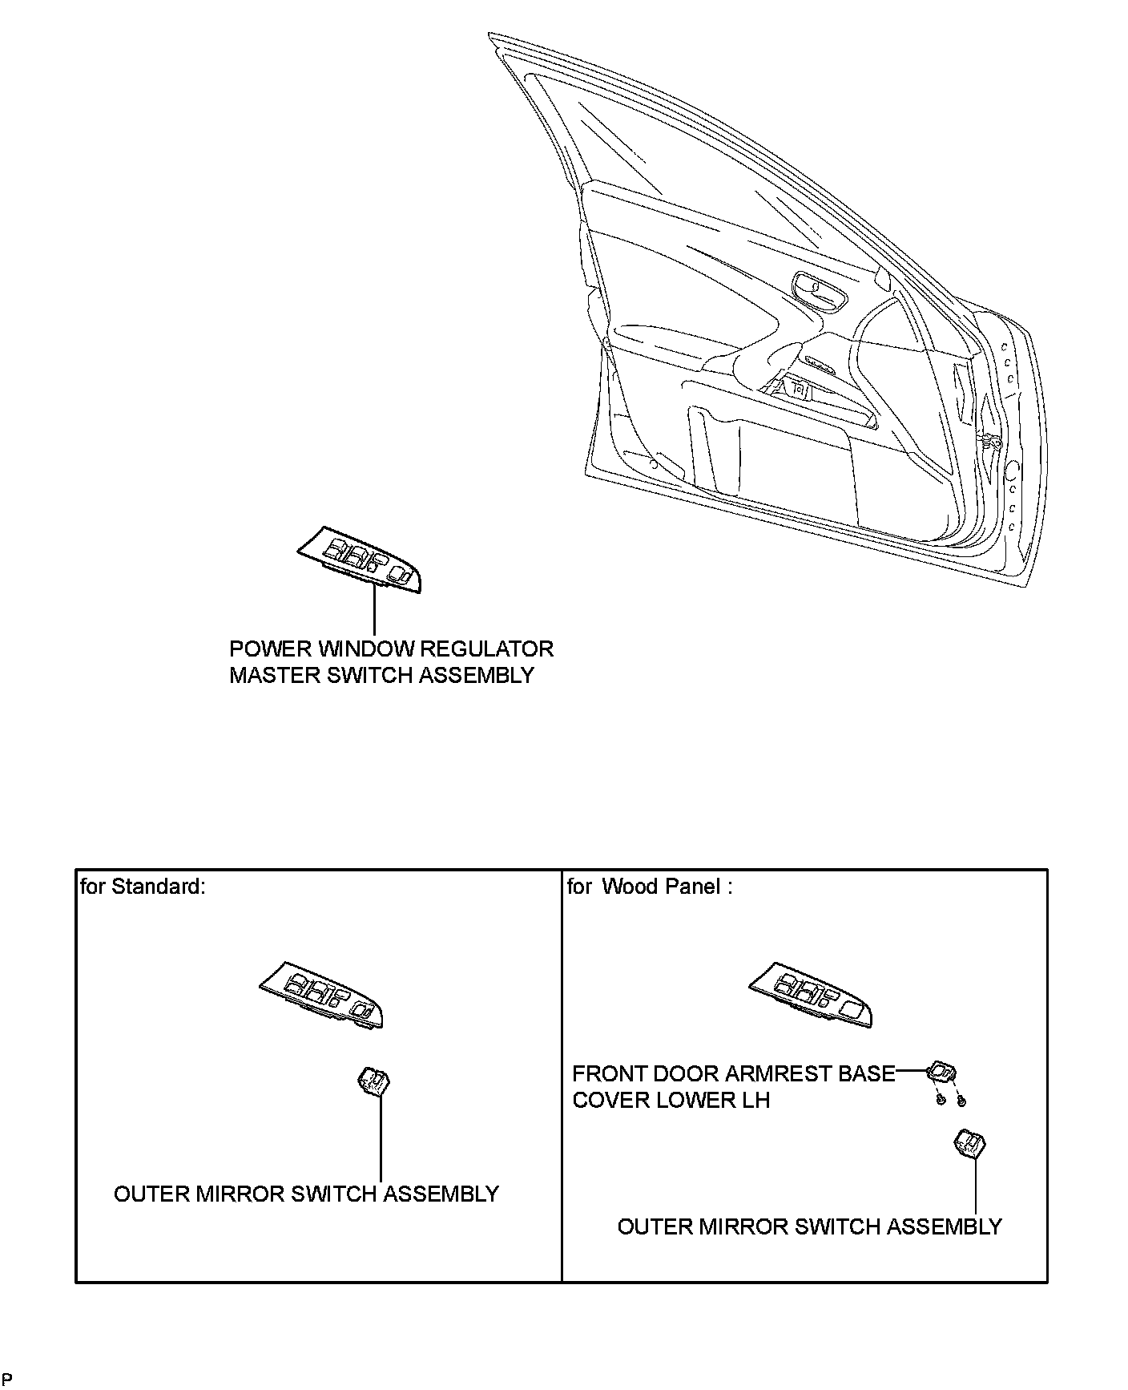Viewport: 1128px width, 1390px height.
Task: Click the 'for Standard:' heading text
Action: point(143,887)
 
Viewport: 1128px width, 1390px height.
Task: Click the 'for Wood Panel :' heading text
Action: point(649,887)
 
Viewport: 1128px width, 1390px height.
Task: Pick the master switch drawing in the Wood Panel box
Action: point(811,994)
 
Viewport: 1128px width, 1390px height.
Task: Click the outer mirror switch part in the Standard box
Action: point(373,1083)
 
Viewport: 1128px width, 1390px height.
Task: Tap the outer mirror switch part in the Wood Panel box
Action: point(970,1144)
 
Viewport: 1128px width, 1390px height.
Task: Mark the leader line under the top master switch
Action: point(374,611)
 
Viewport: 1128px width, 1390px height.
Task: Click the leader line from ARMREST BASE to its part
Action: point(911,1070)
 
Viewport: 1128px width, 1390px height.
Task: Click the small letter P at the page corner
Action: point(7,1380)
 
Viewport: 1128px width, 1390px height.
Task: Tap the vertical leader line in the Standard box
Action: point(381,1138)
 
